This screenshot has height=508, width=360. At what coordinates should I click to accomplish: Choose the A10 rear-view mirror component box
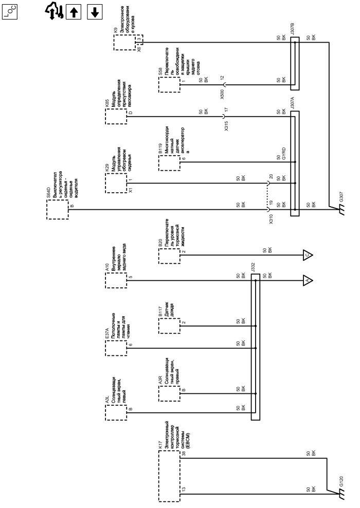[116, 280]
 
